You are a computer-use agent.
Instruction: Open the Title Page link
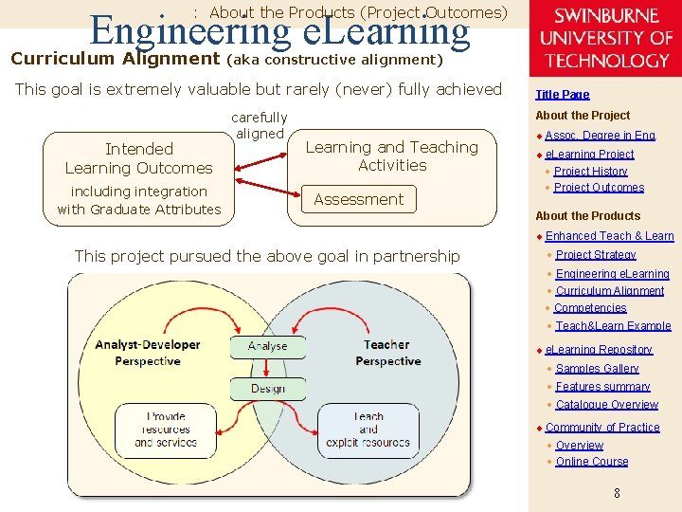tap(562, 94)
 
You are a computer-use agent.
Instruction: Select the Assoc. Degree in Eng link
tap(600, 136)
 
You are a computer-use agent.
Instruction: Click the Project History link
tap(590, 172)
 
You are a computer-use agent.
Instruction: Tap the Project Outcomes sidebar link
tap(599, 188)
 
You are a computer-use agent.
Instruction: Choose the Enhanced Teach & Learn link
tap(609, 236)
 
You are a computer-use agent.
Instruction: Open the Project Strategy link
tap(596, 255)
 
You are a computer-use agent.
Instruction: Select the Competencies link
tap(590, 308)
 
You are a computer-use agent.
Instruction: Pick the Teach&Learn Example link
tap(613, 326)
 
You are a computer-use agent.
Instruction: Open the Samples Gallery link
tap(597, 369)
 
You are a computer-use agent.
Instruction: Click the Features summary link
tap(602, 387)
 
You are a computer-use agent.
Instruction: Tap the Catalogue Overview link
tap(606, 405)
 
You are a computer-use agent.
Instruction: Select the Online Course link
tap(592, 462)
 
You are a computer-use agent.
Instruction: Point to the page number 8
tap(617, 493)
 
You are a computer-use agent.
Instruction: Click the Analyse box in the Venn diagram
tap(267, 347)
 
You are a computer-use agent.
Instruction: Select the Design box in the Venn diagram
tap(267, 389)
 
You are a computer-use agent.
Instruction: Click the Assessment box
tap(358, 199)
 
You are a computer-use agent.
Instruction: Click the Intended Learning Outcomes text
tap(138, 158)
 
